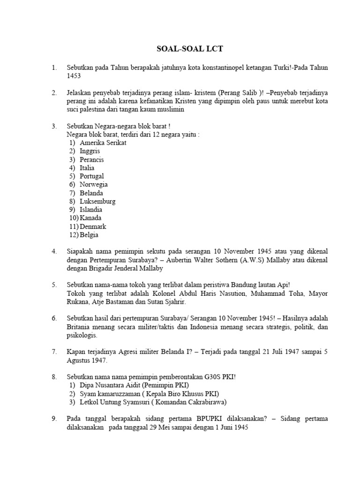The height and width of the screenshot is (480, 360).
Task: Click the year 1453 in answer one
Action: point(74,76)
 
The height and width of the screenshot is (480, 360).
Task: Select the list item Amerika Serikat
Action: point(103,143)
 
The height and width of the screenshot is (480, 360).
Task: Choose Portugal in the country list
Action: point(92,176)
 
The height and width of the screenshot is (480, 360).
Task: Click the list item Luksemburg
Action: point(97,202)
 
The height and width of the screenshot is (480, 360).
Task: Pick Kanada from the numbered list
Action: point(90,218)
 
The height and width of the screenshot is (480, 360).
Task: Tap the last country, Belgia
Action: point(89,235)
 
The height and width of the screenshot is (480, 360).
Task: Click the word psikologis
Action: point(82,335)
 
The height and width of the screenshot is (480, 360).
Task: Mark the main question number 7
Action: point(54,352)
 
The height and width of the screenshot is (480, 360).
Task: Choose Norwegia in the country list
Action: point(94,185)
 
